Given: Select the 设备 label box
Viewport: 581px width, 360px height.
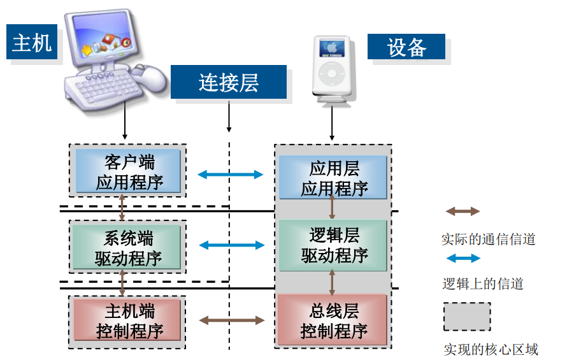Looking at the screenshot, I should (406, 47).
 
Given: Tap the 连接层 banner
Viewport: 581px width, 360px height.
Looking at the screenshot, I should (228, 83).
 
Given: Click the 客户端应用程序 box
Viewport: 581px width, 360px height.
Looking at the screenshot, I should (129, 171).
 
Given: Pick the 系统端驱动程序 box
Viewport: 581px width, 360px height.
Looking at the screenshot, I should (129, 248).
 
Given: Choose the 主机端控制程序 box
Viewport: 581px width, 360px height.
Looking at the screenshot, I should (129, 321).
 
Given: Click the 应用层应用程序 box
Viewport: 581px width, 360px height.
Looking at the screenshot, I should (333, 178).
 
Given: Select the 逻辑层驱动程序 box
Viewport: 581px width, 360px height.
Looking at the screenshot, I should (333, 246).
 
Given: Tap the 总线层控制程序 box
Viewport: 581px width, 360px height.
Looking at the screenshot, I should (333, 321).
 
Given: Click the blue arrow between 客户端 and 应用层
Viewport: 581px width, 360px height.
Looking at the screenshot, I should (230, 175).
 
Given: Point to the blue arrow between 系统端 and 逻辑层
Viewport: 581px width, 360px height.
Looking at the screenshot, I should (231, 245).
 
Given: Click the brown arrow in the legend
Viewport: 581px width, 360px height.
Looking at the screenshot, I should (463, 212).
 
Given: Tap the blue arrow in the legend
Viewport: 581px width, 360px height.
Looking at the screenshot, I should (463, 258).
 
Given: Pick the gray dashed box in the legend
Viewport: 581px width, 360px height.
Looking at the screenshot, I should (467, 317).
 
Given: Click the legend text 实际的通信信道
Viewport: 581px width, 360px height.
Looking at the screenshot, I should (488, 240).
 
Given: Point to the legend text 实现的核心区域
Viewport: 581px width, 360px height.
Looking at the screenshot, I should (491, 349).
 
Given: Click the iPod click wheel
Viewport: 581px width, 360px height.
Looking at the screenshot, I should (331, 73).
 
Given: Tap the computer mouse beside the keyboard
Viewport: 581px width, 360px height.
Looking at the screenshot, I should (154, 77).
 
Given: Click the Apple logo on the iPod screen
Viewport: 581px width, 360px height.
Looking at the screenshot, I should (331, 47).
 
